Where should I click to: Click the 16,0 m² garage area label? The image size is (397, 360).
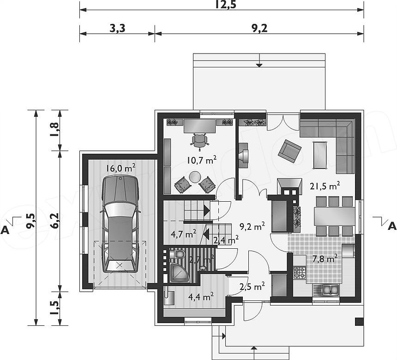coord(120,168)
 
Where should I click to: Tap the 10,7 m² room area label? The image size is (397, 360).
coord(202,160)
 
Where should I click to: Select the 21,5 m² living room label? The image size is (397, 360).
coord(325,186)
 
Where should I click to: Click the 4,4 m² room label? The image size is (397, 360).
coord(201,296)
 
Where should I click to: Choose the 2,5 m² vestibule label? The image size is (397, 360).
coord(252,286)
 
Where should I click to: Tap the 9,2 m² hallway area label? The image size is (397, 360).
coord(252,226)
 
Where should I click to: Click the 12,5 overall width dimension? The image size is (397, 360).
coord(226,5)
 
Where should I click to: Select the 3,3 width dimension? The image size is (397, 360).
coord(117,28)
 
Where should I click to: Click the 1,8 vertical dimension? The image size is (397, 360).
coord(55,130)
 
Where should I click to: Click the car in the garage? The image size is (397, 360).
coord(120,224)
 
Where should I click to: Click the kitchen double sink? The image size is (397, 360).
coord(331,290)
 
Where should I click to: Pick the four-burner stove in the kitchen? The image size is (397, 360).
coord(300,272)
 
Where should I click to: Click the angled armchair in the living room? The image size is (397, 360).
coord(289,151)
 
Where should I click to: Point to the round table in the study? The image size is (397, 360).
coord(195,177)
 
